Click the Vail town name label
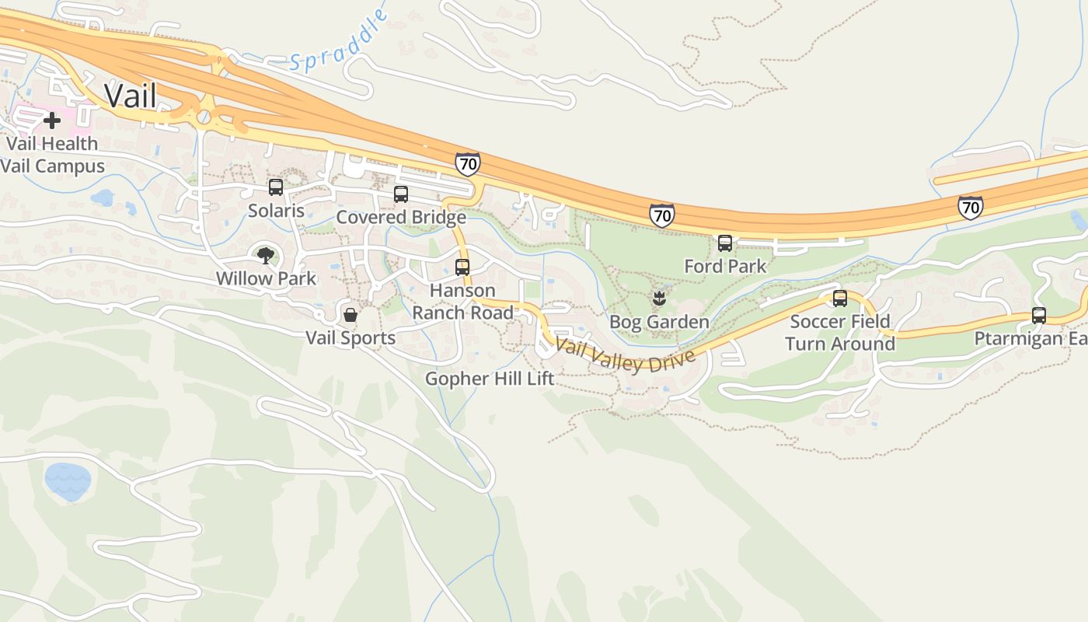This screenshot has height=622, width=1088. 131,96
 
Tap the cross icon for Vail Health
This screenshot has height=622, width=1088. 52,121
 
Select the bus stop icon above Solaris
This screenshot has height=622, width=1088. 276,187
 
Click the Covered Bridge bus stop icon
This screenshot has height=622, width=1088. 401,194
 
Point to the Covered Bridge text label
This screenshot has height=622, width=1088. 400,217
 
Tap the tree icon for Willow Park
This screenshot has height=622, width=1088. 266,255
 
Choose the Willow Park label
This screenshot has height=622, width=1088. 266,278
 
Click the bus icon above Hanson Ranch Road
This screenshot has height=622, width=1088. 462,267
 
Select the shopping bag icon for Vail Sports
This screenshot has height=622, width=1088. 350,315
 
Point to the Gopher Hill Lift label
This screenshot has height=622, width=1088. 490,379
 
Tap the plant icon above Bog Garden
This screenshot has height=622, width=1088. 659,298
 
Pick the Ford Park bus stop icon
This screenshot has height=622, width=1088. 725,243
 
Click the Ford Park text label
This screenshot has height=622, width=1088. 725,266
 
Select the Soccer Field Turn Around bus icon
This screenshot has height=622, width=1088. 840,299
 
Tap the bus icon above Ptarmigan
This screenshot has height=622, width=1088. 1039,316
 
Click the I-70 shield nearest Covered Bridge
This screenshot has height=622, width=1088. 467,164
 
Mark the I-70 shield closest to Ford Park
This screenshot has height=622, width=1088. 661,215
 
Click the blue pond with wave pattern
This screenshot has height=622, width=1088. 68,480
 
